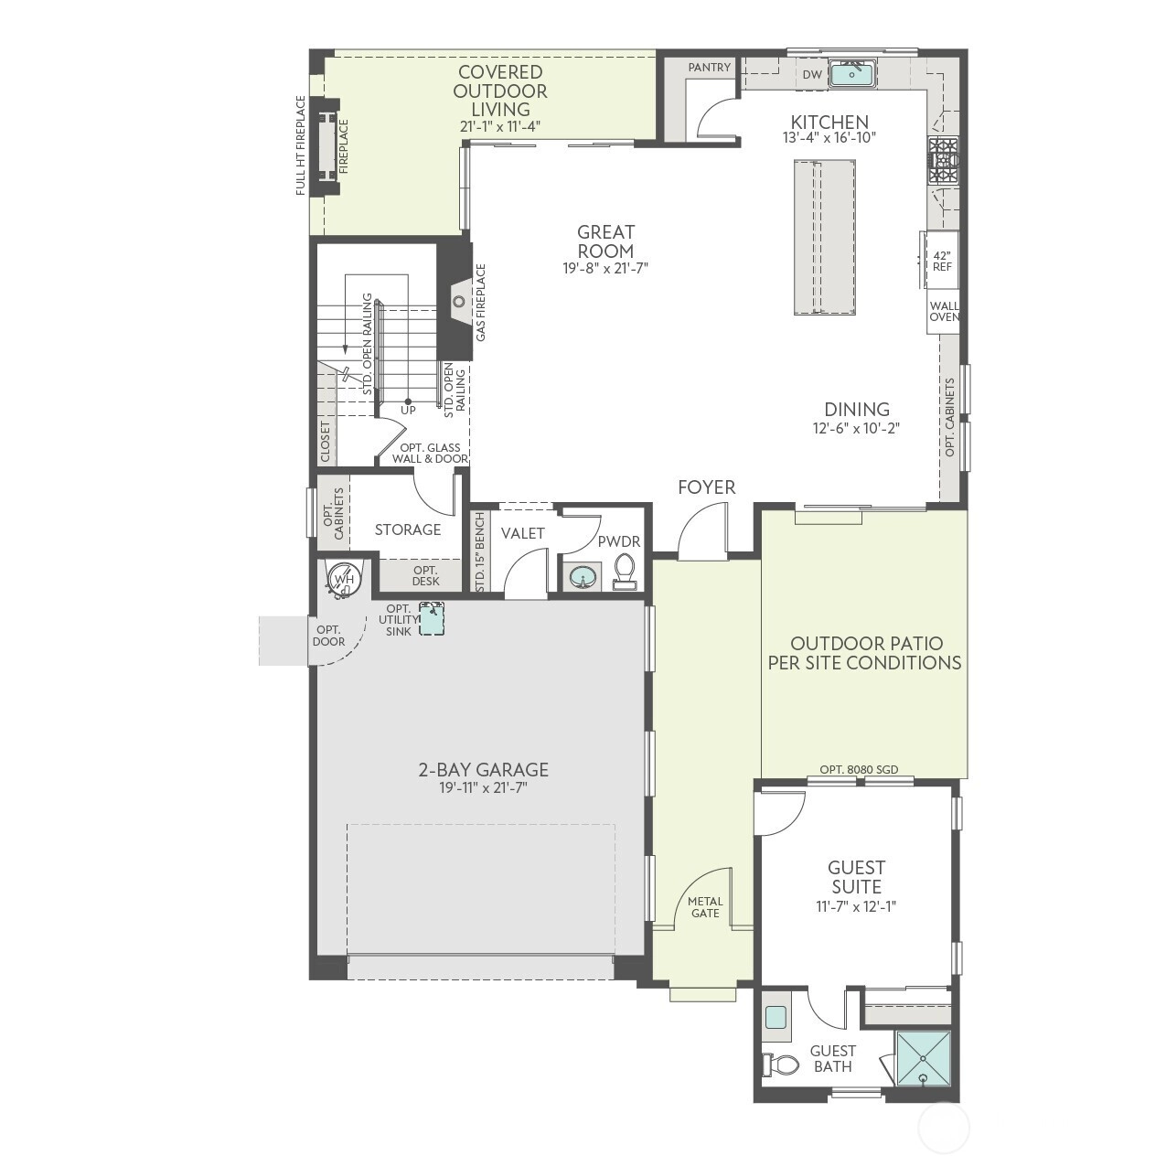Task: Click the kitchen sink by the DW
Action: coord(852,74)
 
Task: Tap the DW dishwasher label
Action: coord(812,74)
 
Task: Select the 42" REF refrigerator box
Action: coord(940,261)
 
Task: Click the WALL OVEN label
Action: coord(944,312)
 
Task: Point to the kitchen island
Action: coord(824,237)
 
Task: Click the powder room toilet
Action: coord(624,572)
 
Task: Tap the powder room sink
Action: coord(583,577)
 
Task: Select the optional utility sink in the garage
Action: coord(432,618)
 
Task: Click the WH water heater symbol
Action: coord(344,580)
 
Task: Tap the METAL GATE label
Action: coord(705,907)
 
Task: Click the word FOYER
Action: coord(706,487)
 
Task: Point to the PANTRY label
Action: coord(709,67)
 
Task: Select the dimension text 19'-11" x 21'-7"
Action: coord(484,787)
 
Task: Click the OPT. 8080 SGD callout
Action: coord(859,770)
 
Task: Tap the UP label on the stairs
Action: coord(409,411)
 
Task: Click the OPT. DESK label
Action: coord(425,576)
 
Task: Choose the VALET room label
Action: coord(523,533)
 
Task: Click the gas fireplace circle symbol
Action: coord(459,301)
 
